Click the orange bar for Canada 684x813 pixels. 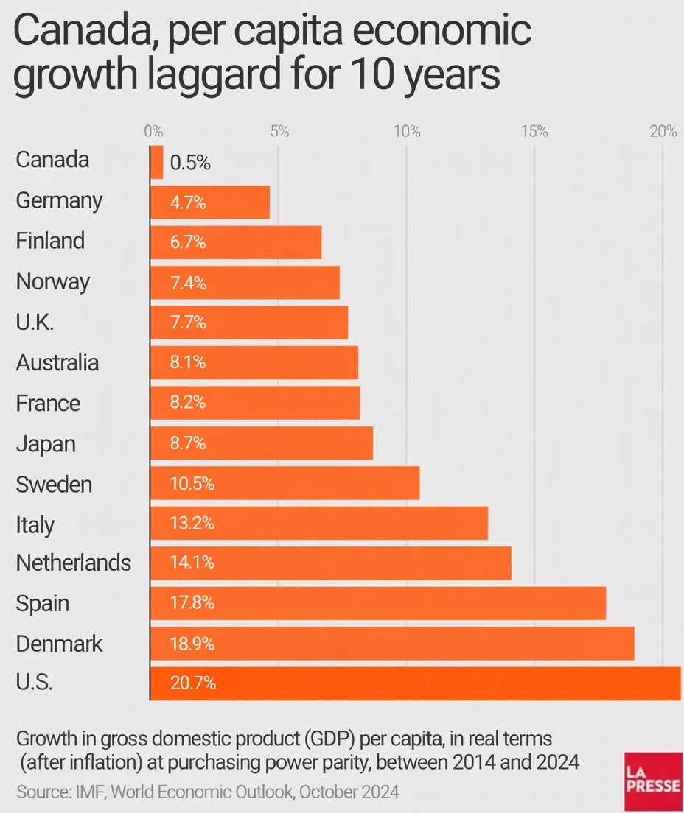pos(157,162)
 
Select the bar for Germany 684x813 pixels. pos(210,203)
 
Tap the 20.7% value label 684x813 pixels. pos(193,683)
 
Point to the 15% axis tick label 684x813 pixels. pos(534,132)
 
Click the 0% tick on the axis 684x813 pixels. pos(153,132)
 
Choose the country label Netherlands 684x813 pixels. pos(74,563)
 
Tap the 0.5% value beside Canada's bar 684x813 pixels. pos(190,163)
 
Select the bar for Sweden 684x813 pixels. pos(285,484)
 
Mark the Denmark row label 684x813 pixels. pos(60,644)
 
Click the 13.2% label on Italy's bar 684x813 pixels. pos(192,524)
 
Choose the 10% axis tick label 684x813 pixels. pos(407,132)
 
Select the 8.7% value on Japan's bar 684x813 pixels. pos(188,443)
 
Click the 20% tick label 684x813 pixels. pos(663,132)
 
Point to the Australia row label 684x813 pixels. pos(57,363)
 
